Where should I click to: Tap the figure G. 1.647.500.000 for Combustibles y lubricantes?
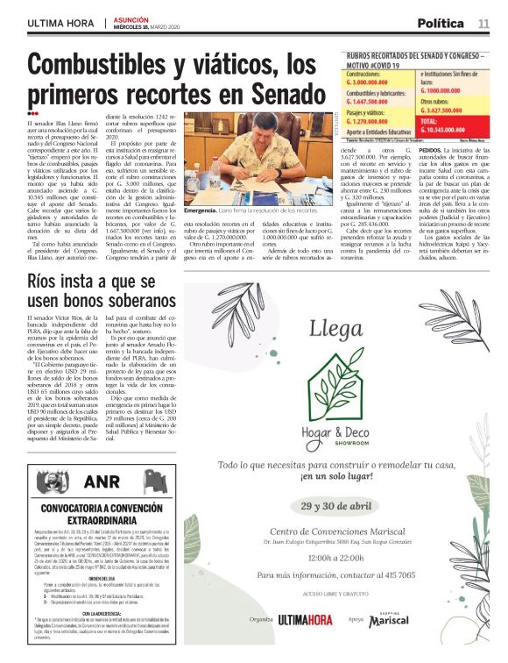[369, 102]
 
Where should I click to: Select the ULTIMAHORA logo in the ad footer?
[310, 618]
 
